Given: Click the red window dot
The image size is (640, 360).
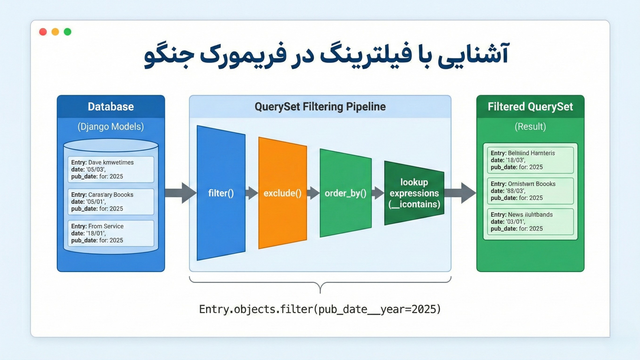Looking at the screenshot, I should (43, 32).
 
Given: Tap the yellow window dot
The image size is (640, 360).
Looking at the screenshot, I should (55, 32).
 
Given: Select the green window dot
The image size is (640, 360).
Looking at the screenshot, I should (68, 32).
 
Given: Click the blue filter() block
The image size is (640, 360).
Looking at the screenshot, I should (221, 193).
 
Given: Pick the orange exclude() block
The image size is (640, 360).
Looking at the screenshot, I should (282, 193).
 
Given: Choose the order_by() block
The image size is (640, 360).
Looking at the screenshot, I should (346, 193).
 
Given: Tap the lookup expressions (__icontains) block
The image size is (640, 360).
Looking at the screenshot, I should (414, 193).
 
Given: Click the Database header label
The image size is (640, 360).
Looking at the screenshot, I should (111, 107).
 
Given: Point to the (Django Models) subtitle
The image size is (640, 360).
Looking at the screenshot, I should (111, 127).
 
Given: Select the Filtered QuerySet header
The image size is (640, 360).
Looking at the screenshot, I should (530, 107).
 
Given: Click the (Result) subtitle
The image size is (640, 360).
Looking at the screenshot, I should (530, 127).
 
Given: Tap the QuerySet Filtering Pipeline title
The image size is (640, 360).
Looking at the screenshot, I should (320, 107).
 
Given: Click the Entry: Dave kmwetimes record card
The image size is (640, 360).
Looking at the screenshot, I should (111, 169).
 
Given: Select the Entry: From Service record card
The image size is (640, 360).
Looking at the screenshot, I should (111, 233).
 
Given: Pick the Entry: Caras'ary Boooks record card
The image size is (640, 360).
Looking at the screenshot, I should (111, 202).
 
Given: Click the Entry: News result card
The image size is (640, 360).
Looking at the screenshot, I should (530, 222).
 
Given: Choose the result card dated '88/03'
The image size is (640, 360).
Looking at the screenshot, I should (530, 191).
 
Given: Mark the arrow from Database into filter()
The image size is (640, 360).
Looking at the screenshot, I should (180, 193).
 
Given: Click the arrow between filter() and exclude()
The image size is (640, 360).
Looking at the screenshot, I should (252, 193).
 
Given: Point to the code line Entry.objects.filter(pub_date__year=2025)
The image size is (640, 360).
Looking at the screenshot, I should (320, 309).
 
